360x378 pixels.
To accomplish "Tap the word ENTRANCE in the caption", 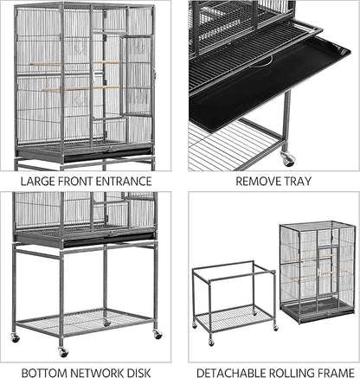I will coord(122,182).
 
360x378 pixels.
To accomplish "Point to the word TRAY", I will coord(297,182).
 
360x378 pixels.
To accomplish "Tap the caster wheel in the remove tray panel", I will coord(287,159).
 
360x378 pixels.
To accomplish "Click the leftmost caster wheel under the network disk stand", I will coord(15,336).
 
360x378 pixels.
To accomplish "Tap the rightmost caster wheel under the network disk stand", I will coord(157,334).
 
